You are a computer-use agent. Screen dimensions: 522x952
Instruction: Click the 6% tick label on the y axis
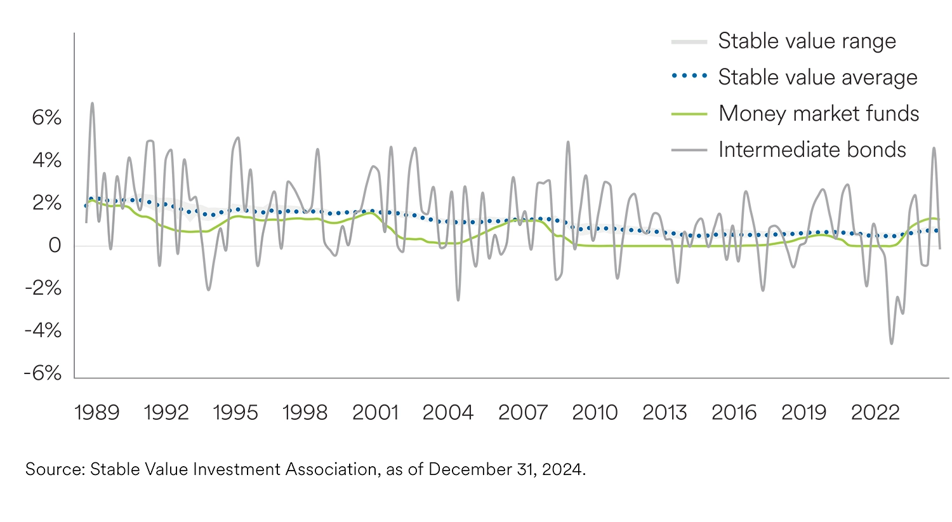47,118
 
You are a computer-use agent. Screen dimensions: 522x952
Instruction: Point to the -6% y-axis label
43,373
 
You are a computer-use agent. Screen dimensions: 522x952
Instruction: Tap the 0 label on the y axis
55,246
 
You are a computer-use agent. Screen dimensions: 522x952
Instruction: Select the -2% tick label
43,288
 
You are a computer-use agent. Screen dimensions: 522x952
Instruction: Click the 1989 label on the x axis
96,413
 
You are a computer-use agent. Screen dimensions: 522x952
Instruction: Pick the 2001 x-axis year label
375,413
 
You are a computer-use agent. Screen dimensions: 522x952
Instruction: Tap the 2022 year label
875,413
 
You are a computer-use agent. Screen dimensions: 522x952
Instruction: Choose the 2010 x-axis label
595,413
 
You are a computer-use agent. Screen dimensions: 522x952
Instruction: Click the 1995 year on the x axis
235,413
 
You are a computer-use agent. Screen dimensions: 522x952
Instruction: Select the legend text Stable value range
807,41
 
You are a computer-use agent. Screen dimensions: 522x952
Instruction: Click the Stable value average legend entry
817,77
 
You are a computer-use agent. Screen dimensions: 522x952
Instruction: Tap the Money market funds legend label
819,114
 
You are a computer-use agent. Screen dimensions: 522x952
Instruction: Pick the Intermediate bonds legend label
812,150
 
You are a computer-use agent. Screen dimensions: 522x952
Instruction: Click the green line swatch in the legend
689,114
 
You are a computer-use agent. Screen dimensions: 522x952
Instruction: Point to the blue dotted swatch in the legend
689,77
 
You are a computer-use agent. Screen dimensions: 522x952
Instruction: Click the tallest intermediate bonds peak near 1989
93,103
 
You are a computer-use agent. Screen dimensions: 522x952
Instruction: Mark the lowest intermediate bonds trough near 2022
892,344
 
